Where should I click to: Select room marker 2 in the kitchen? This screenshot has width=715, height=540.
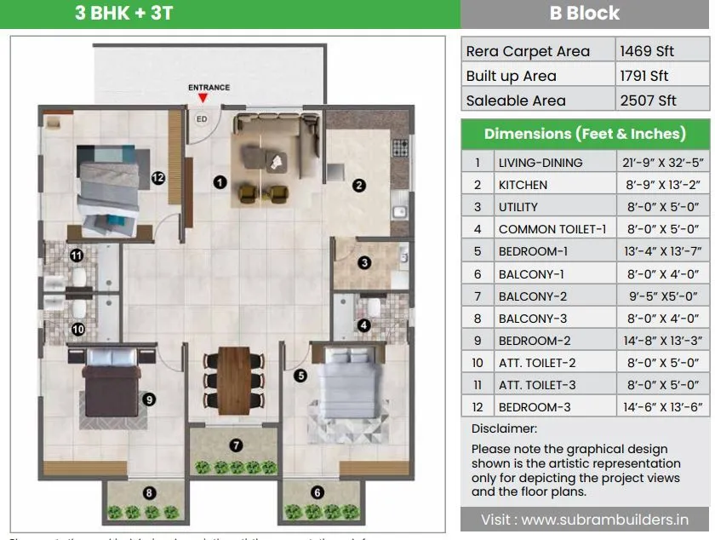pos(359,185)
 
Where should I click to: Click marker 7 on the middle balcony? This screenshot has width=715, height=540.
pos(236,445)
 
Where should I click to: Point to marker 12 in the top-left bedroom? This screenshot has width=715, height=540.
pos(157,178)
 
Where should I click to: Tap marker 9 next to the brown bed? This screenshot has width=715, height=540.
pos(148,398)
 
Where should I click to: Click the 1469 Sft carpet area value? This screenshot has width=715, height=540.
pos(647,51)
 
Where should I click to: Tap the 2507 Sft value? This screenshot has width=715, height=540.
pos(649,101)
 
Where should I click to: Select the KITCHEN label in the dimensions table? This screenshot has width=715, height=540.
pos(523,185)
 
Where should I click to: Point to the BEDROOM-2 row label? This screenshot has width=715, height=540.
pos(534,341)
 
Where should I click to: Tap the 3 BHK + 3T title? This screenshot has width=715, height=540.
pos(124,14)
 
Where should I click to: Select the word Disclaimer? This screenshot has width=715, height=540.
pos(504,429)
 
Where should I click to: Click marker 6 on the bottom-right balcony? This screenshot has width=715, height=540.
pos(317,491)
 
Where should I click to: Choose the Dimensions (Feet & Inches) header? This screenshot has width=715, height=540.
pos(585,134)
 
